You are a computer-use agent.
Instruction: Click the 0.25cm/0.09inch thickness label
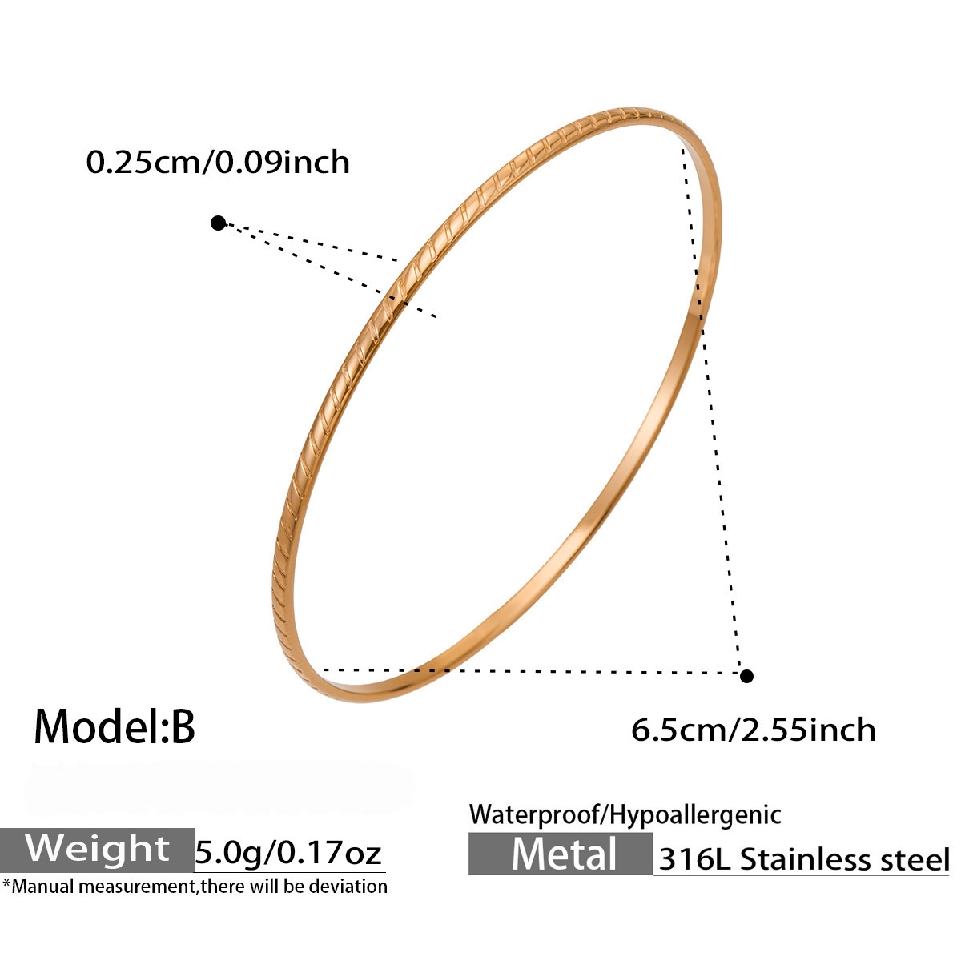pyautogui.click(x=218, y=162)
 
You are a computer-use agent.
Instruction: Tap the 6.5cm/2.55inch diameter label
pyautogui.click(x=753, y=730)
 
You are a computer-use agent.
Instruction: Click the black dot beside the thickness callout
pyautogui.click(x=218, y=223)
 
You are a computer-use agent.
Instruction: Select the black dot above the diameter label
pyautogui.click(x=746, y=676)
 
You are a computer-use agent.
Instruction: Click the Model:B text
pyautogui.click(x=115, y=726)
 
